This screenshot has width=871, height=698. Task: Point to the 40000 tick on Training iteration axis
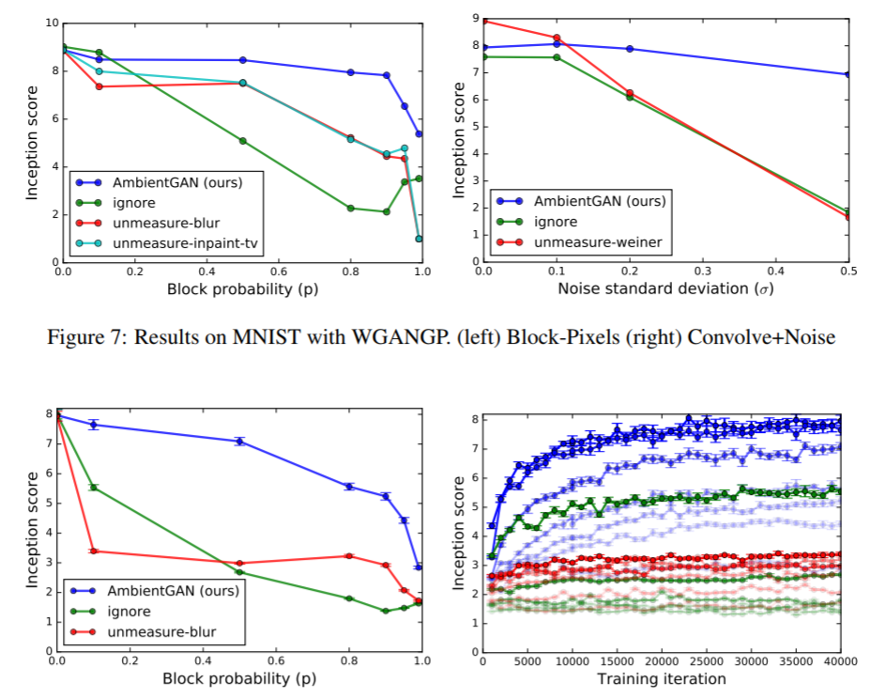pyautogui.click(x=839, y=663)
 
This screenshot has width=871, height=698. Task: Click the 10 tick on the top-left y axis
pyautogui.click(x=51, y=23)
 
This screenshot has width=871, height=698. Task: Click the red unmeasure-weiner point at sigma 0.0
pyautogui.click(x=484, y=21)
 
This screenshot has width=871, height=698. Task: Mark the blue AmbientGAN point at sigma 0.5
pyautogui.click(x=848, y=74)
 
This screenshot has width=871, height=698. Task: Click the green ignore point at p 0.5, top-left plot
pyautogui.click(x=243, y=141)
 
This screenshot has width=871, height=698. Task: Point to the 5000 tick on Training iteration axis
pyautogui.click(x=527, y=663)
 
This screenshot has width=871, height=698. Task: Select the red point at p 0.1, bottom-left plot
pyautogui.click(x=93, y=551)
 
